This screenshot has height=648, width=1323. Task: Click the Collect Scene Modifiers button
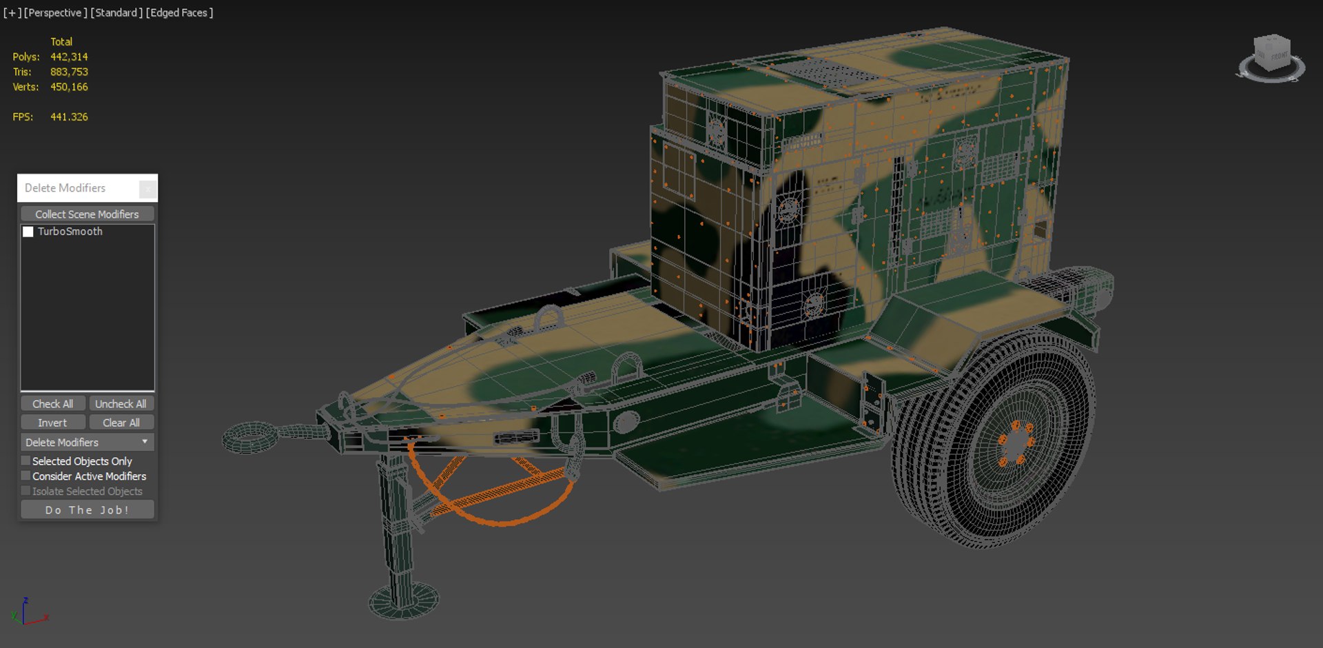(87, 214)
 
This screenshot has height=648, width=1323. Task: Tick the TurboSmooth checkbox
(28, 232)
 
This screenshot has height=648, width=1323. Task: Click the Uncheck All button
(121, 404)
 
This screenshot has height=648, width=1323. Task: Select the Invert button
(52, 423)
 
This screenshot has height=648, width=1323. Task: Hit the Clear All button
(121, 423)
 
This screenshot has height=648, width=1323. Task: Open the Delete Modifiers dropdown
(87, 442)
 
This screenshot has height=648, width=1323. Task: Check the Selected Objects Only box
(26, 460)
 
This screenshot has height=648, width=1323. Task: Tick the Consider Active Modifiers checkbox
(26, 476)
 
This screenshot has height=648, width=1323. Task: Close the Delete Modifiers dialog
(147, 188)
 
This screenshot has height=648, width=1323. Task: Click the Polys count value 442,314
(69, 57)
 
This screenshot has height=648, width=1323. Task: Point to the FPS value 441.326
(69, 117)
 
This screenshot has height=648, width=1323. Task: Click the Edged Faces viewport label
(179, 12)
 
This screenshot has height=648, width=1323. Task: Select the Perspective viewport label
(55, 12)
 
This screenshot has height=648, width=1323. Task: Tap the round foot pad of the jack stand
(404, 601)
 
